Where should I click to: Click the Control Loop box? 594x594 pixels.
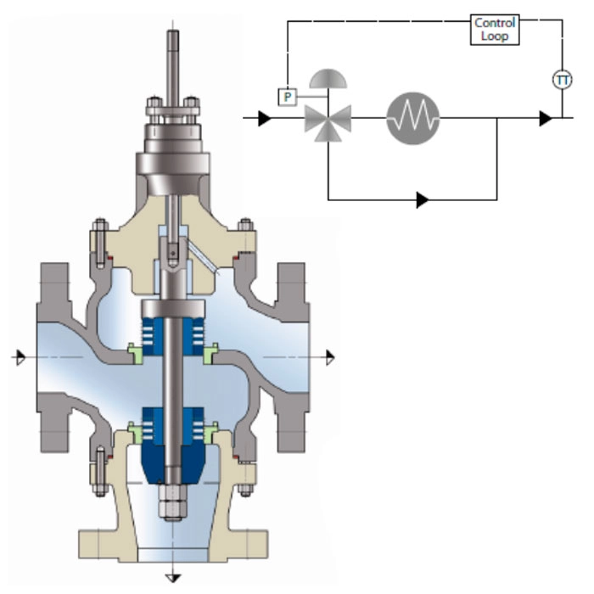[x=495, y=30]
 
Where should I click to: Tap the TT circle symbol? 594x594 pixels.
[x=562, y=81]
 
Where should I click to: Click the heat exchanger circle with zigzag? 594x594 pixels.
[x=413, y=118]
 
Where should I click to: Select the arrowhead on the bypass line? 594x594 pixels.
[x=423, y=200]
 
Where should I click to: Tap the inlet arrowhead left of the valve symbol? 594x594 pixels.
[x=265, y=119]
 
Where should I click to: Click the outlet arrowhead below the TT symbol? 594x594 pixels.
[x=545, y=119]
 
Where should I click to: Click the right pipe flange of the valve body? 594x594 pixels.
[x=293, y=357]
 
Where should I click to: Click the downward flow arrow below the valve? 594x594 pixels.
[x=173, y=579]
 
